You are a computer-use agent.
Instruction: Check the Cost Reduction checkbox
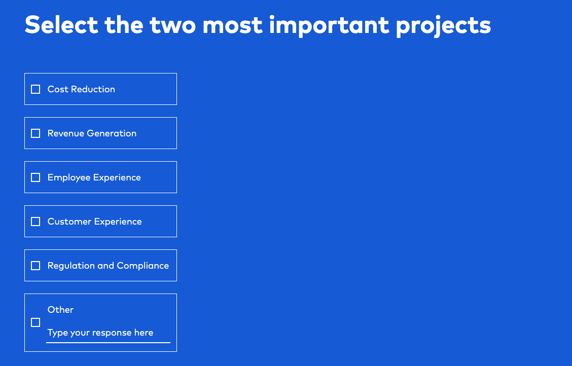tap(35, 89)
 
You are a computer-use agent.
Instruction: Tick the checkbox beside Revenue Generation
tap(35, 133)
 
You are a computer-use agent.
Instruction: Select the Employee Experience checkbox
tap(35, 177)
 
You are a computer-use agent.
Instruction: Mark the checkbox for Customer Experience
tap(35, 222)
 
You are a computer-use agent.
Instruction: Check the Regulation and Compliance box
tap(35, 266)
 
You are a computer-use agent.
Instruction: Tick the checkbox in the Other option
tap(35, 322)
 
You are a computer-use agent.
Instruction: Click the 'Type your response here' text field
tap(108, 333)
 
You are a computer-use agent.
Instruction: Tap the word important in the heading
tap(329, 25)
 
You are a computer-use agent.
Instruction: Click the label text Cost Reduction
tap(81, 89)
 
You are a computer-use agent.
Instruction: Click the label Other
tap(60, 310)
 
